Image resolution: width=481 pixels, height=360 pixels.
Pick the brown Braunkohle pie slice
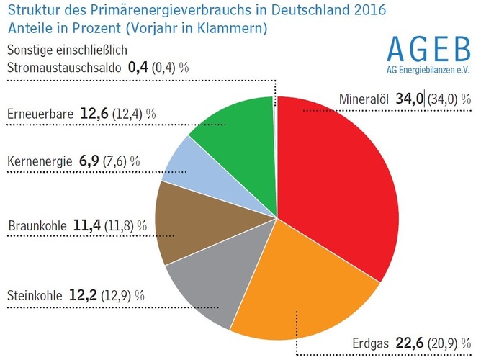pos(191,223)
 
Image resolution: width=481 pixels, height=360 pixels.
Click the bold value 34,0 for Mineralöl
pos(409,99)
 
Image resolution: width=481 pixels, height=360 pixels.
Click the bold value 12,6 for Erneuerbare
pos(94,114)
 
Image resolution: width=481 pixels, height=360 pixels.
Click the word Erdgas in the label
pos(372,343)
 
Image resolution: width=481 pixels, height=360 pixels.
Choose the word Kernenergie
pos(40,161)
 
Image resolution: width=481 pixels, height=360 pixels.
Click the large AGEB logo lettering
pos(428,49)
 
